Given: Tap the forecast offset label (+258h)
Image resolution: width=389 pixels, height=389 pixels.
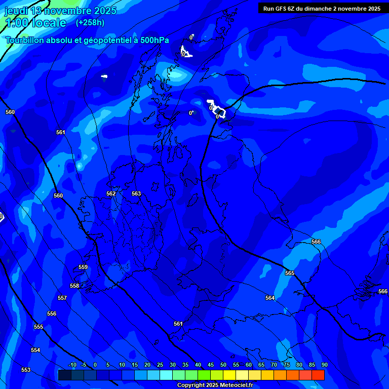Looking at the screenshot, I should point(90,23).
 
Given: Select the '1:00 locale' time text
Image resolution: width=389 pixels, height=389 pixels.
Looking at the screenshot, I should point(35,23).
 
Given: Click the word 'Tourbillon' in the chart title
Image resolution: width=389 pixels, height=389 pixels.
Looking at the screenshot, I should point(25,40).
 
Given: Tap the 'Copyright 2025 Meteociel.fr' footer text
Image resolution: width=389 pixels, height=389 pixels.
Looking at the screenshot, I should point(215,385).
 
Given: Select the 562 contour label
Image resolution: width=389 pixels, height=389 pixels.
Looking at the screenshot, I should point(111,194).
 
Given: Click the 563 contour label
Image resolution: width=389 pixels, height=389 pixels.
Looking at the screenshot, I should point(136,194).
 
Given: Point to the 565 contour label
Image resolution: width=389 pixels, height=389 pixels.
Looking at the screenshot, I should point(290,273).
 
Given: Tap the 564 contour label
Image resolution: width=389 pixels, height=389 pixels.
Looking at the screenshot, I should point(270,298).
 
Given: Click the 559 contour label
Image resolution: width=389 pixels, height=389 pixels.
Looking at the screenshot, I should point(83,267).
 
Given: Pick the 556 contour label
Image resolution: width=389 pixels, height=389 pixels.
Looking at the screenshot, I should point(52,314).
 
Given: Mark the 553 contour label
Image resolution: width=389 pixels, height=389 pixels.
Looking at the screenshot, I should point(26,370).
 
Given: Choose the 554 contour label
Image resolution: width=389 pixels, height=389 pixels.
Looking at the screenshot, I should point(35,350).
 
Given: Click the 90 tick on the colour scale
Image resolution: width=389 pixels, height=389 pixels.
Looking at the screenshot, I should point(324,365).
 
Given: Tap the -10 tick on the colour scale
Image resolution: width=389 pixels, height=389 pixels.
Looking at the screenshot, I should point(72,365).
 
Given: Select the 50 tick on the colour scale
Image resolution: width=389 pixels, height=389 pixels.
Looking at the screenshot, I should point(223,365).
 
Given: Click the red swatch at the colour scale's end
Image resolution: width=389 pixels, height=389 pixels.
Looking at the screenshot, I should point(318,375).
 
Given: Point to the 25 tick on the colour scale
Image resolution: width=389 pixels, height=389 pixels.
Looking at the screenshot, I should point(160,365).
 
